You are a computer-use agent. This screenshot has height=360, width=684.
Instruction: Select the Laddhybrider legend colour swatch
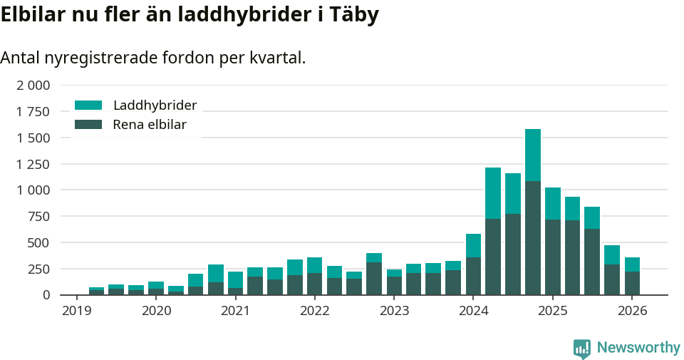88,106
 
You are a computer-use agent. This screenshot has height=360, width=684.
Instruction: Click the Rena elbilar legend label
150,125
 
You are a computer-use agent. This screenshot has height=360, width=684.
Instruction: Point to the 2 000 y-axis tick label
33,86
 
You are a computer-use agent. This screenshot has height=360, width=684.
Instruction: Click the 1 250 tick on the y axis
33,164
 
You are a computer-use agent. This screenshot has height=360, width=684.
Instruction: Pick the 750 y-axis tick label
40,217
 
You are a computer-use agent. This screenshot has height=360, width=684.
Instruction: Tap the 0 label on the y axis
46,295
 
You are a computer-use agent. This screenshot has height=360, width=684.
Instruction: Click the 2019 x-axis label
77,311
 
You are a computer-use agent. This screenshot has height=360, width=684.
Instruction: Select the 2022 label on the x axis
315,311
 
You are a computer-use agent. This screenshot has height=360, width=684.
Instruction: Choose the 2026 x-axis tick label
632,311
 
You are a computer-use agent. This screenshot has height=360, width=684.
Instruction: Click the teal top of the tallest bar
533,155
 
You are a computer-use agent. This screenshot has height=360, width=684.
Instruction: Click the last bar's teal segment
632,264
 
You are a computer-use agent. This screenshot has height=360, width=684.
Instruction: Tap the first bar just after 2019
96,291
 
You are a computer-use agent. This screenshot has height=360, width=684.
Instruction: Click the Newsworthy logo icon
582,349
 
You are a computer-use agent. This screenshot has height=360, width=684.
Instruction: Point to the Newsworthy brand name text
638,348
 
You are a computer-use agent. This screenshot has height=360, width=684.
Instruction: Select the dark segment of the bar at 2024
473,276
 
